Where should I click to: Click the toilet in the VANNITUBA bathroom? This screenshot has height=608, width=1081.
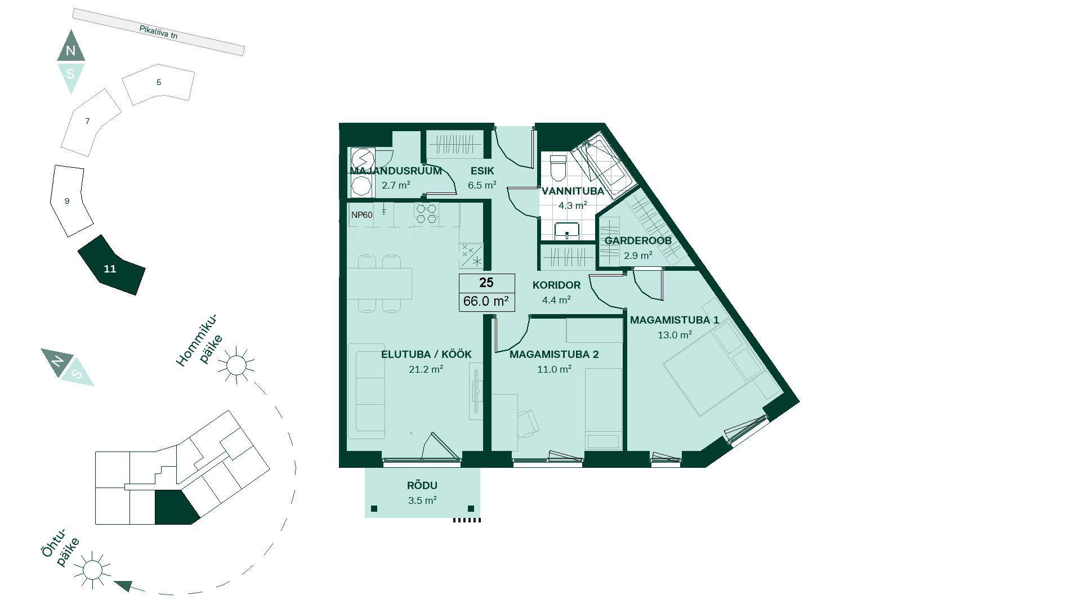pyautogui.click(x=557, y=167)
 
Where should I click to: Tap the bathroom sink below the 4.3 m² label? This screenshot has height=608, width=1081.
pyautogui.click(x=566, y=231)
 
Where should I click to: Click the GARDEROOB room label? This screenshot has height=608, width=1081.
pyautogui.click(x=638, y=240)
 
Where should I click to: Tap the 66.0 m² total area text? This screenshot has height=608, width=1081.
pyautogui.click(x=486, y=301)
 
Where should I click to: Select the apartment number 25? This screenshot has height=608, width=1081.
pyautogui.click(x=486, y=283)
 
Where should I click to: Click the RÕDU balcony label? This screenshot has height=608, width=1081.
pyautogui.click(x=422, y=485)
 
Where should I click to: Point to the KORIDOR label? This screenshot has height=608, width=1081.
pyautogui.click(x=556, y=285)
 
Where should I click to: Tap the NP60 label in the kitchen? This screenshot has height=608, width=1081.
pyautogui.click(x=362, y=215)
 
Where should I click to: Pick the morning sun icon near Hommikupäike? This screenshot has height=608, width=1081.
pyautogui.click(x=236, y=365)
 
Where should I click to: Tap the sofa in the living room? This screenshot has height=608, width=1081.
pyautogui.click(x=366, y=391)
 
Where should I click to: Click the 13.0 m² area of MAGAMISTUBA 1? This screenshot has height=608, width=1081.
pyautogui.click(x=674, y=335)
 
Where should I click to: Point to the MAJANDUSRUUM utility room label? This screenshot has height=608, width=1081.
pyautogui.click(x=396, y=171)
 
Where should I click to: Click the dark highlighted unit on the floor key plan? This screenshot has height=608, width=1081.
pyautogui.click(x=175, y=507)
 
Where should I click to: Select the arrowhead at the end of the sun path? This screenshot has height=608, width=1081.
pyautogui.click(x=123, y=586)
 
